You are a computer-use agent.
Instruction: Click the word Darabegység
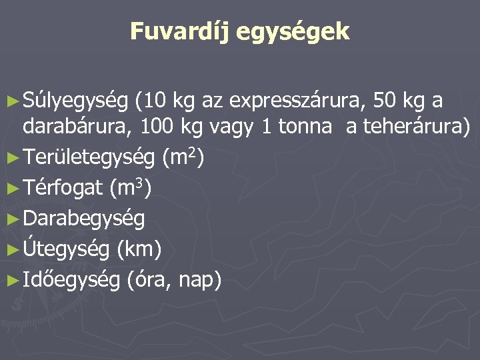(x=83, y=219)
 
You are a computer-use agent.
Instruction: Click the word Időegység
(x=71, y=279)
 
